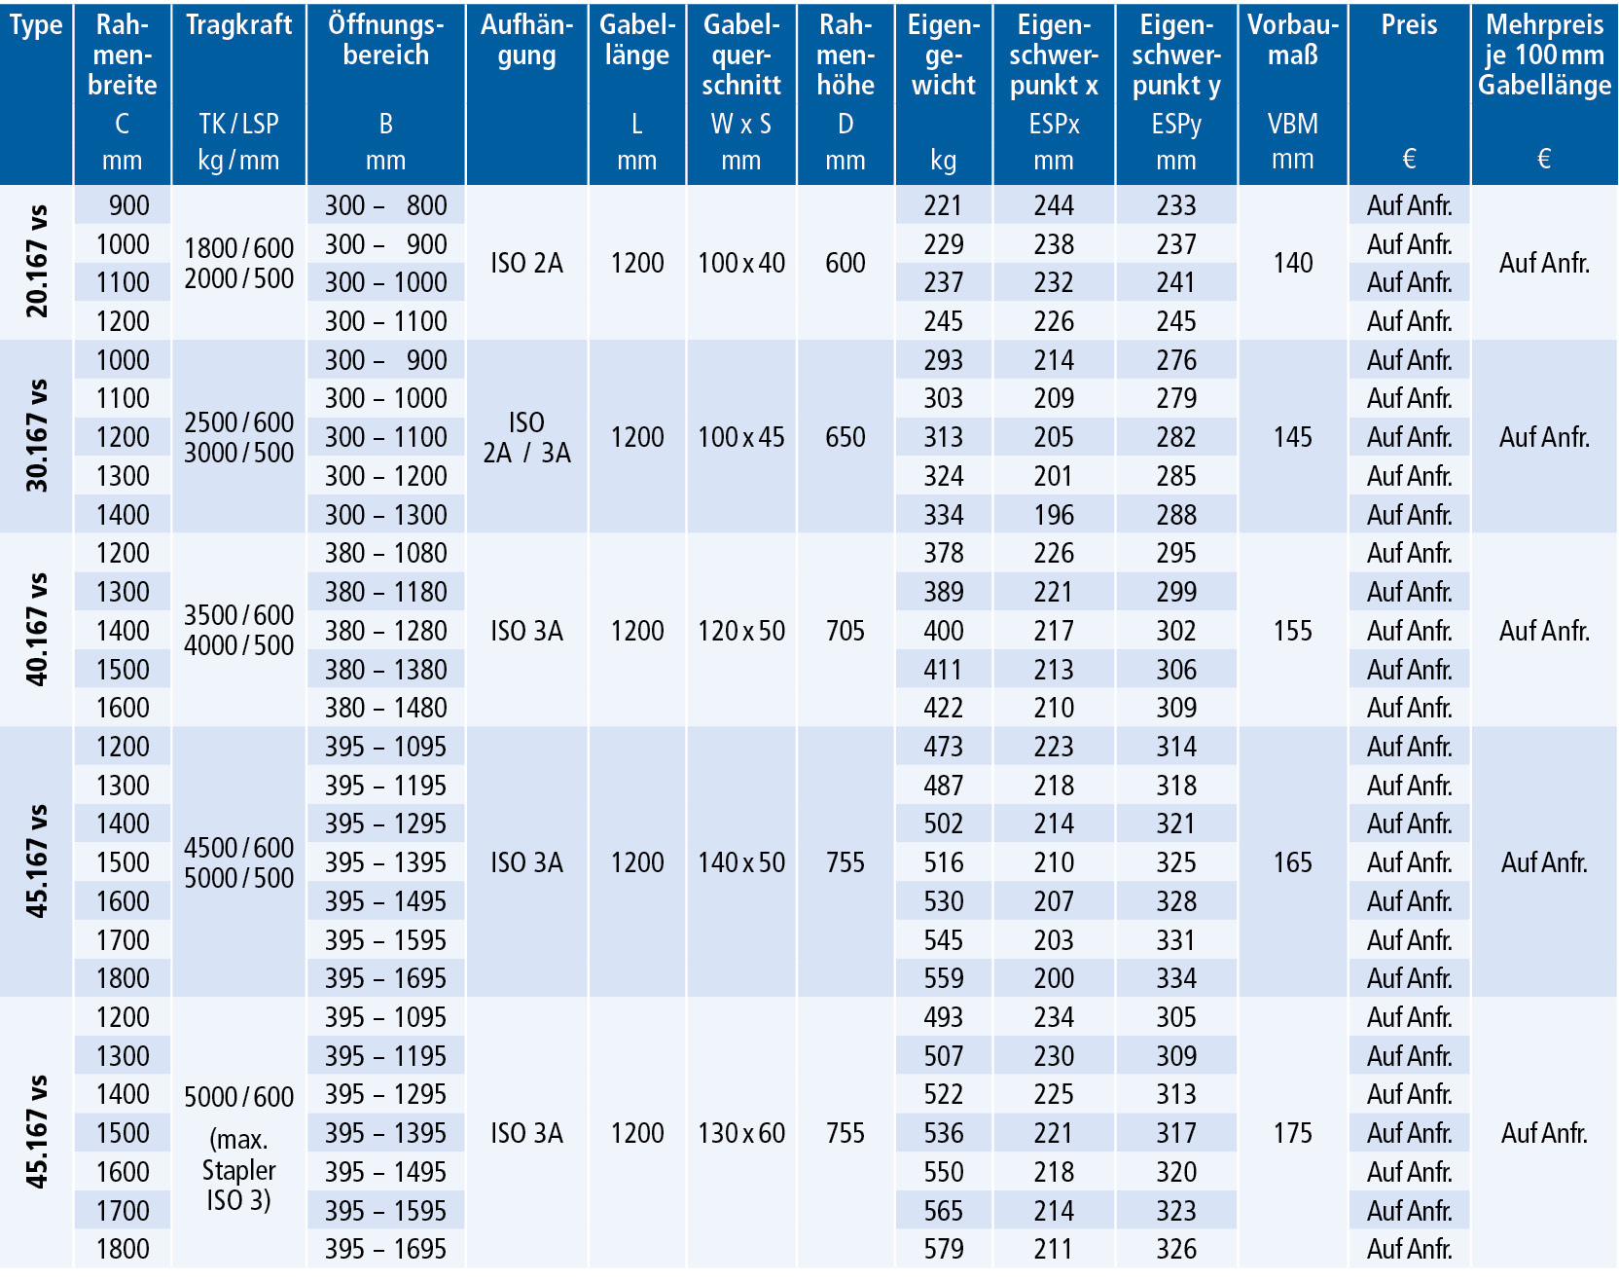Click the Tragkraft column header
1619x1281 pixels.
[238, 24]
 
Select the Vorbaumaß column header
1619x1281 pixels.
[1293, 40]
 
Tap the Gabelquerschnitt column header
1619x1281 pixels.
[741, 55]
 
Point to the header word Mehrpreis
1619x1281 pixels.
[1544, 24]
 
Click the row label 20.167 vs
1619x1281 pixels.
[37, 262]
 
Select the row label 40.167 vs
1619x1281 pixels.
[37, 630]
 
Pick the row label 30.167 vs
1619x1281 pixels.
[37, 436]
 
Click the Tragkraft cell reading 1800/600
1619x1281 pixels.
[238, 248]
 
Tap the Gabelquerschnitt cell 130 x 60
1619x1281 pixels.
[741, 1133]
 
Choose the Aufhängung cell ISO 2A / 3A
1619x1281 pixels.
[526, 437]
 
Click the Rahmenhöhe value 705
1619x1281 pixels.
[845, 631]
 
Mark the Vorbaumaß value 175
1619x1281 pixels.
[1293, 1133]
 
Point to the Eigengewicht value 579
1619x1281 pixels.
[944, 1249]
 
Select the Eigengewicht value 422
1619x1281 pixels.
[944, 708]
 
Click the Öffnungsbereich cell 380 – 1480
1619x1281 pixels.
[386, 708]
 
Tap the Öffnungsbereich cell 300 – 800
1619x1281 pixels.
[386, 205]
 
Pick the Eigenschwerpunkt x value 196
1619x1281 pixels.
[1054, 515]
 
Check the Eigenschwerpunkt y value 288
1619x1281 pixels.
[1176, 515]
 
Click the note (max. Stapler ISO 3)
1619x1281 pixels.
[238, 1170]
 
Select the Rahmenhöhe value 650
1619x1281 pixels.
[845, 437]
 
